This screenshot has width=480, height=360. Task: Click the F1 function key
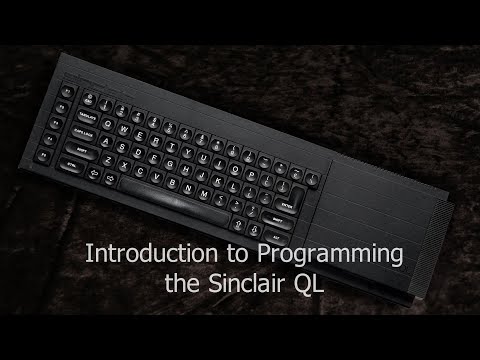click(67, 92)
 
